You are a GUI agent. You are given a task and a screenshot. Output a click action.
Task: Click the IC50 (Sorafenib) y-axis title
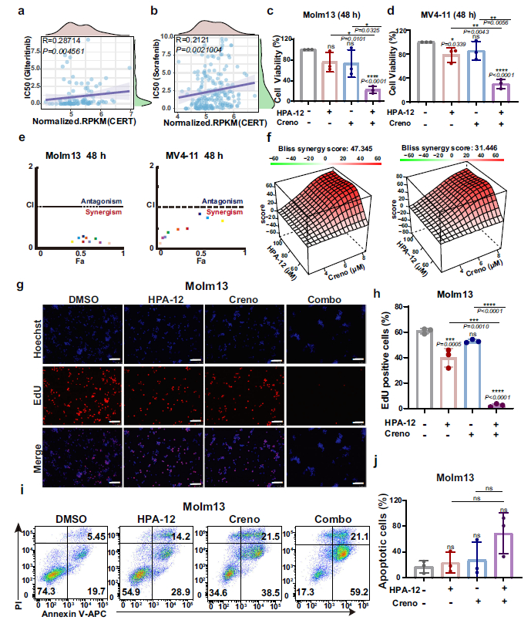point(156,65)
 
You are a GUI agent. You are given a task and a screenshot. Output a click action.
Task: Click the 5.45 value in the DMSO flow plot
point(97,534)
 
